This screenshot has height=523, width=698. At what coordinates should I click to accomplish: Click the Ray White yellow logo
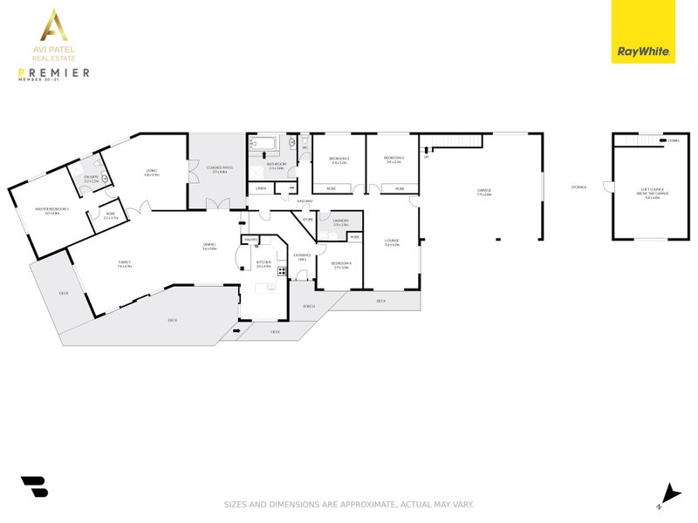click(643, 32)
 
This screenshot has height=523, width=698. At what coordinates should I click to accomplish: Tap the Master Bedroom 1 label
click(51, 209)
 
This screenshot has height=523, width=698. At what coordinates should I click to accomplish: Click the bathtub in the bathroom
click(263, 144)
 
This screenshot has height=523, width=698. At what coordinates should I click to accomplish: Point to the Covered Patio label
click(219, 168)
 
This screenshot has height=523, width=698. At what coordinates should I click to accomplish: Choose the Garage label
click(484, 191)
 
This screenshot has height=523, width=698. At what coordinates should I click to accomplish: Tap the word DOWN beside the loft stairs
click(673, 139)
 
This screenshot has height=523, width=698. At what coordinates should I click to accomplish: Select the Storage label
click(578, 187)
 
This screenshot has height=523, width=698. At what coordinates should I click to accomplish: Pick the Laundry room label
click(341, 221)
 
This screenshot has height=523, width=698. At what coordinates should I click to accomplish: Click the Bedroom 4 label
click(341, 263)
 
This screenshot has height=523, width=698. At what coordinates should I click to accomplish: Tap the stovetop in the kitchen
click(281, 271)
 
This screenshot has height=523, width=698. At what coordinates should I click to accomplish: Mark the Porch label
click(309, 306)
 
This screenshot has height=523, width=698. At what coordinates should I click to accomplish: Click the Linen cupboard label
click(260, 188)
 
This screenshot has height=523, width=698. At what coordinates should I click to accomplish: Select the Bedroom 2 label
click(339, 159)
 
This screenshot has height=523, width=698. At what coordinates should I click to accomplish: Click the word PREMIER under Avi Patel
click(55, 72)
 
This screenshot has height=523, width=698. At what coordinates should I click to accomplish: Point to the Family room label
click(125, 262)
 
